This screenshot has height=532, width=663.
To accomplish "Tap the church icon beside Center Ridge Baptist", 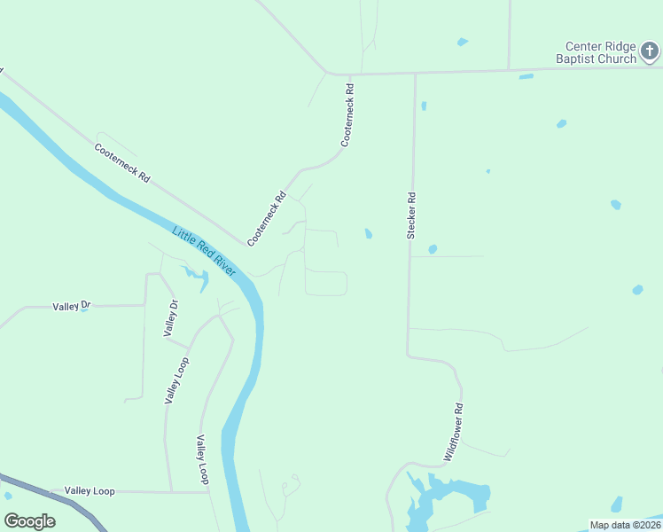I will coord(650,52).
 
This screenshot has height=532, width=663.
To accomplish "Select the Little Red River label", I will coord(205,251).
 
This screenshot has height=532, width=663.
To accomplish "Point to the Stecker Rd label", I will coord(411,215).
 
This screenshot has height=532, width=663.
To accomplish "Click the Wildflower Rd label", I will coord(454,432).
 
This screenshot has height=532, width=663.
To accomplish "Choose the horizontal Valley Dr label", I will coord(72,306).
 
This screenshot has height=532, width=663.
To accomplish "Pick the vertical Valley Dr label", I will coord(171,318).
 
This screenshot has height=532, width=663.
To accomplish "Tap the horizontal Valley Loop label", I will coord(90,490).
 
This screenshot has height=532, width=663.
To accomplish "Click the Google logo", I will coord(29,521).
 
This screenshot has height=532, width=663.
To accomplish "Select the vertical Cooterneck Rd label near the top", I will coord(347,115).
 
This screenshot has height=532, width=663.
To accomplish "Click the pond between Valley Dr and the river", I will coord(197,278).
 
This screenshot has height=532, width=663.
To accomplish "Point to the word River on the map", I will coord(221,264).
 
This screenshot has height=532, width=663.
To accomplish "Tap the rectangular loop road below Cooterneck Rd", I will coord(325,283).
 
